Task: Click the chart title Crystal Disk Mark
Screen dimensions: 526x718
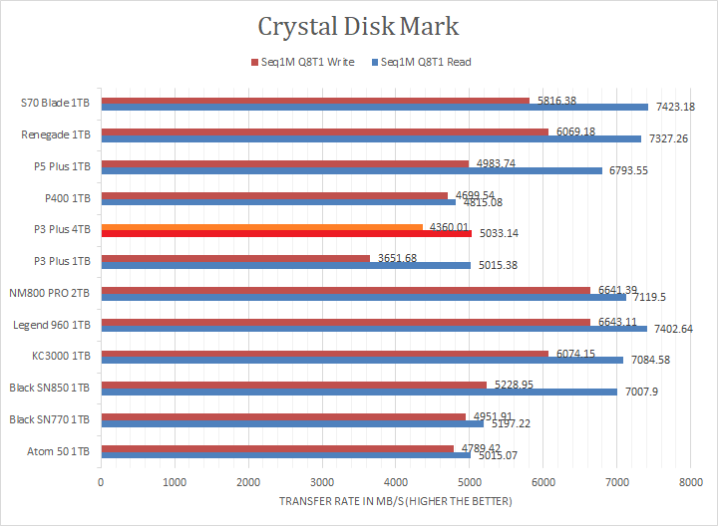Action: click(359, 26)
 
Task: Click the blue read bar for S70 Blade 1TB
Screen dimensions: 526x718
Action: click(374, 107)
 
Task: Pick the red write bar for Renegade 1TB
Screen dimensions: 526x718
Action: click(324, 131)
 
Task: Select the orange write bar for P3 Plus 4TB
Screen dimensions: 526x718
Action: click(261, 226)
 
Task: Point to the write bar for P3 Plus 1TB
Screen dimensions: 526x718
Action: click(235, 258)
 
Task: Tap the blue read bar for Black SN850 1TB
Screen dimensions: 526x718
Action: click(359, 392)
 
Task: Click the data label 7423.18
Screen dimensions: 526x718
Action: click(674, 107)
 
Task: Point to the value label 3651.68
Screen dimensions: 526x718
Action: click(397, 258)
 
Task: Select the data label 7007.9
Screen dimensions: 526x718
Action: click(643, 392)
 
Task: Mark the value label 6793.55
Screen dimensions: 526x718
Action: click(627, 170)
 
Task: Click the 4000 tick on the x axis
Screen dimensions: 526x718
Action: click(396, 482)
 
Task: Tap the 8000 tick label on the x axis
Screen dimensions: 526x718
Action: click(690, 482)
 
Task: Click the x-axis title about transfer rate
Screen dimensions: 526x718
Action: click(396, 501)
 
